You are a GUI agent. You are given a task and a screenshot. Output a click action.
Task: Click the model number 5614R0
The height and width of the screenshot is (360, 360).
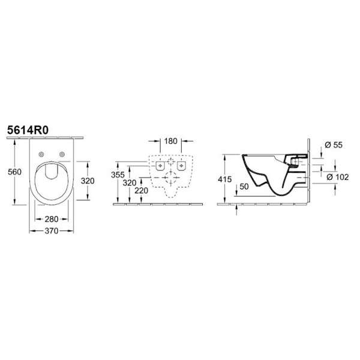[x=28, y=130]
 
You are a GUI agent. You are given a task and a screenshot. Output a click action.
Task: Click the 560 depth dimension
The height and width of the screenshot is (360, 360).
[x=14, y=172]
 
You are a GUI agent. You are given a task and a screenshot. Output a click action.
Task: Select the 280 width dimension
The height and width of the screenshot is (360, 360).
[x=52, y=219]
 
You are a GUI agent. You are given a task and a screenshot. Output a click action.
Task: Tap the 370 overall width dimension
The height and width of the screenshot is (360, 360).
[x=52, y=231]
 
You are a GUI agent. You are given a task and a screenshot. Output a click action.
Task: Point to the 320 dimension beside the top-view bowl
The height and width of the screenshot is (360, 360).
[x=88, y=181]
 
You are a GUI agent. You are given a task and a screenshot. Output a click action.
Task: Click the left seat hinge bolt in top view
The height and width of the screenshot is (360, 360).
[x=41, y=154]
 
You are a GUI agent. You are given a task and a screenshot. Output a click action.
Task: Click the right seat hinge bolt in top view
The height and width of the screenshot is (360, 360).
[x=62, y=154]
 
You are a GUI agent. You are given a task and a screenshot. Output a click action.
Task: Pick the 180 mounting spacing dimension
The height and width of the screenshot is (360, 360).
[x=170, y=141]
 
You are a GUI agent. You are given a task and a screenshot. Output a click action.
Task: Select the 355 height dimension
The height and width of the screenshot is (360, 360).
[x=118, y=175]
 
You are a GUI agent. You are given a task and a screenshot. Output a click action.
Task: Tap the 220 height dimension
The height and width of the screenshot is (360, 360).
[x=141, y=190]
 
